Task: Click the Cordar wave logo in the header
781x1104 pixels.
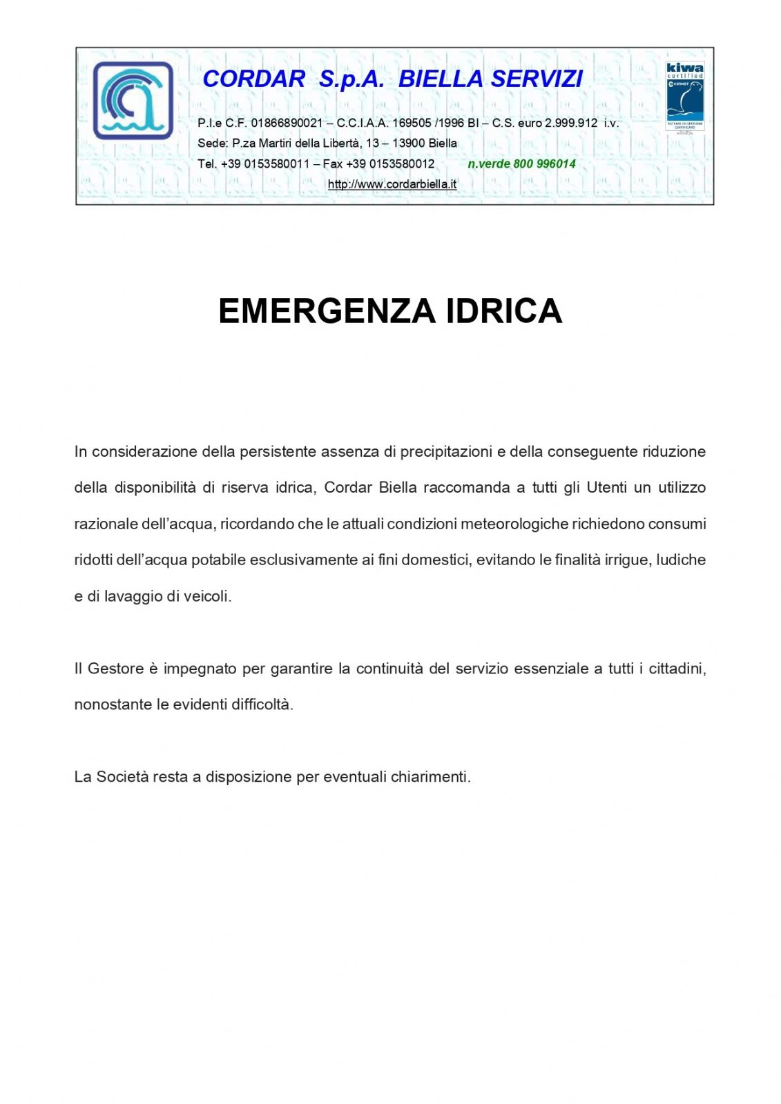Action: (133, 101)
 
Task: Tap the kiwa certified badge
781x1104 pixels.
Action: (684, 96)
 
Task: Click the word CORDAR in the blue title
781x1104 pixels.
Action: (253, 79)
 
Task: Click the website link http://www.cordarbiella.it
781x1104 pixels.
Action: (392, 184)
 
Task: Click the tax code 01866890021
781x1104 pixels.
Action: (287, 123)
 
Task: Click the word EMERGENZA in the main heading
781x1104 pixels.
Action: (327, 311)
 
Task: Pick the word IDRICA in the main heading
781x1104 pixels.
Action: (504, 311)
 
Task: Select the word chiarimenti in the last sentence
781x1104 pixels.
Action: (430, 777)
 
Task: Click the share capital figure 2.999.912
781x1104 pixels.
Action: (571, 123)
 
